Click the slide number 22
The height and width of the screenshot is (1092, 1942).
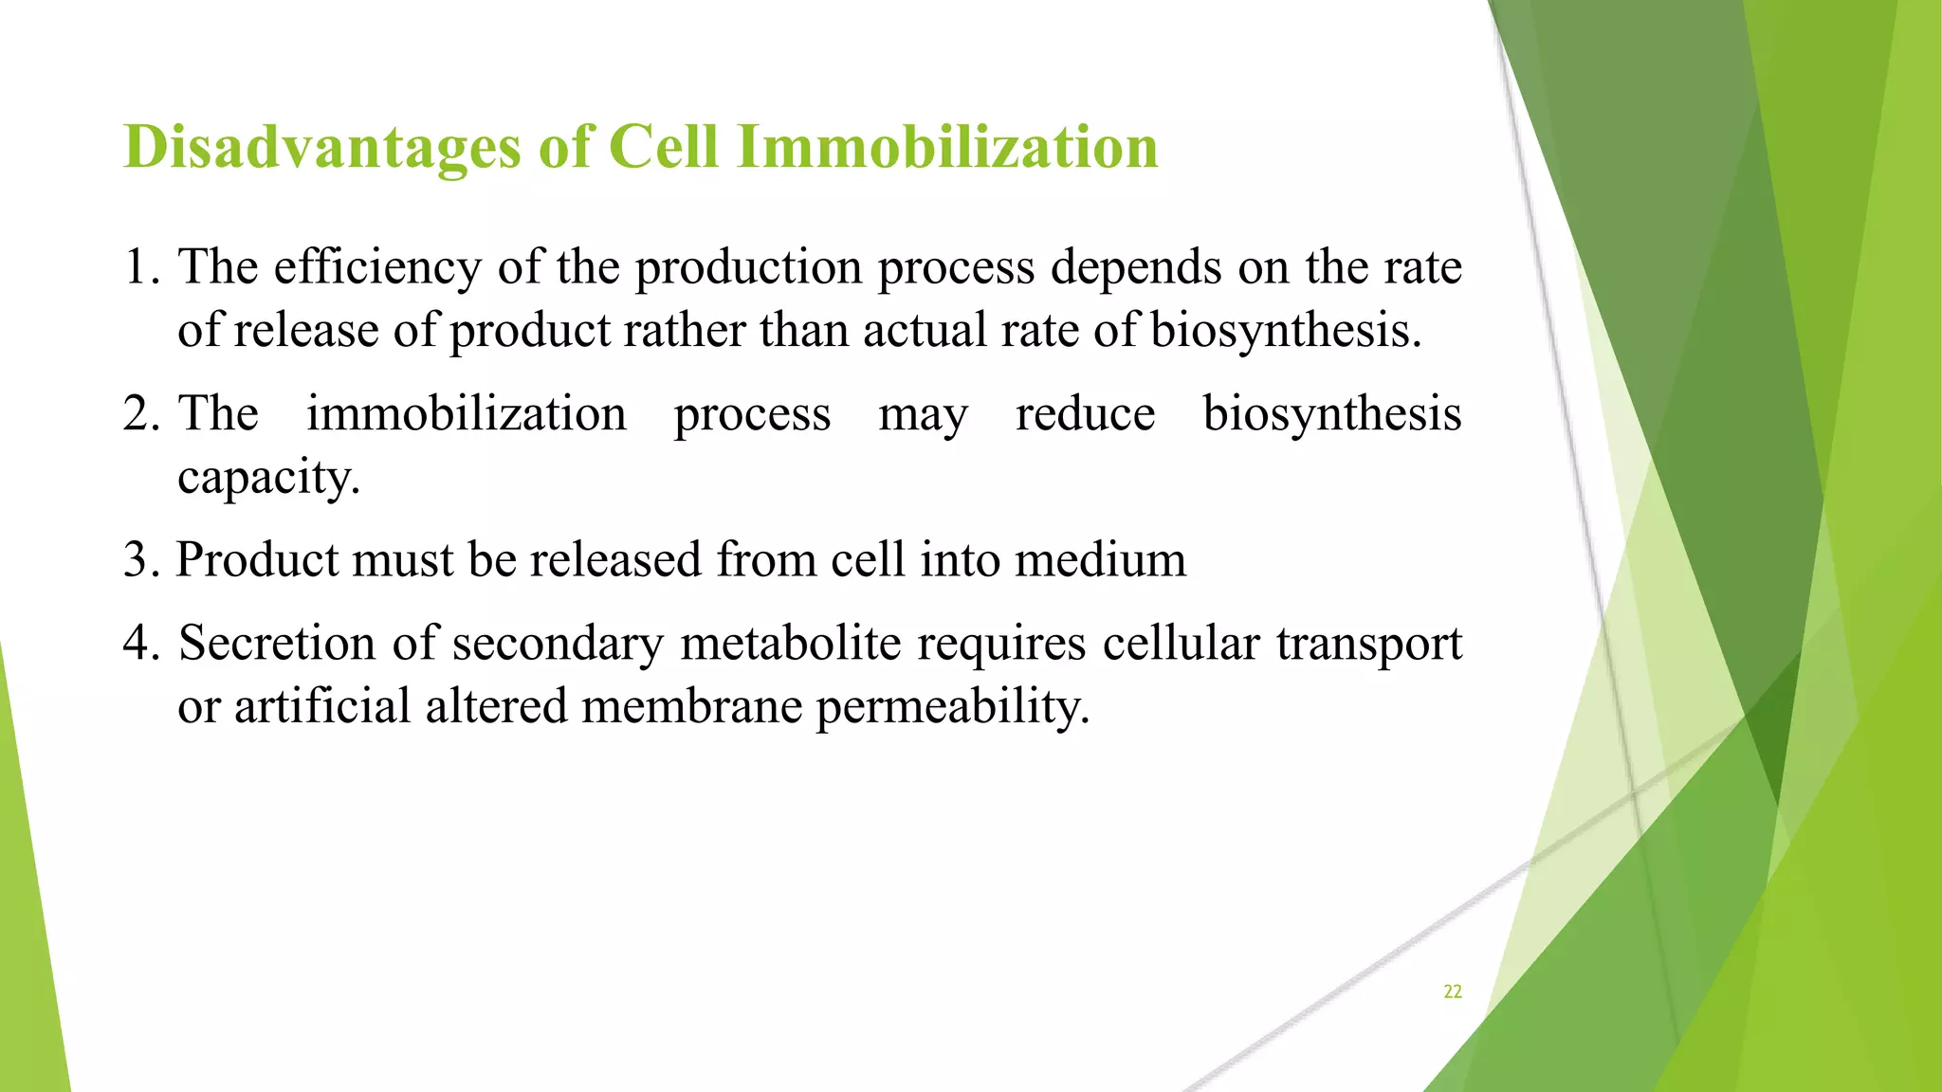[1452, 992]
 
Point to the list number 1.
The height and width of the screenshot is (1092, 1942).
[139, 267]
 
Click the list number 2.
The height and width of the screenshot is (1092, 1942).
[139, 414]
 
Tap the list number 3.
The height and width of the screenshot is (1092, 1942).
[139, 560]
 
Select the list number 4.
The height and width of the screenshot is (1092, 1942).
[139, 644]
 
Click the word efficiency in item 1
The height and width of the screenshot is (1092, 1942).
[377, 267]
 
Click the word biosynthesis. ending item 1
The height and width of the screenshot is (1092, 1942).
[1286, 331]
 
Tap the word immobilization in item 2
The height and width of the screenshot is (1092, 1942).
[466, 414]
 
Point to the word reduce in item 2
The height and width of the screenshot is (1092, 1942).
[1085, 414]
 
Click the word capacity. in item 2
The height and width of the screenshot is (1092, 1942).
[268, 478]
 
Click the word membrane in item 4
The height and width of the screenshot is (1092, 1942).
[691, 707]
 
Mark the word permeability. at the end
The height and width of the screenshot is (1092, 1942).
[952, 707]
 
